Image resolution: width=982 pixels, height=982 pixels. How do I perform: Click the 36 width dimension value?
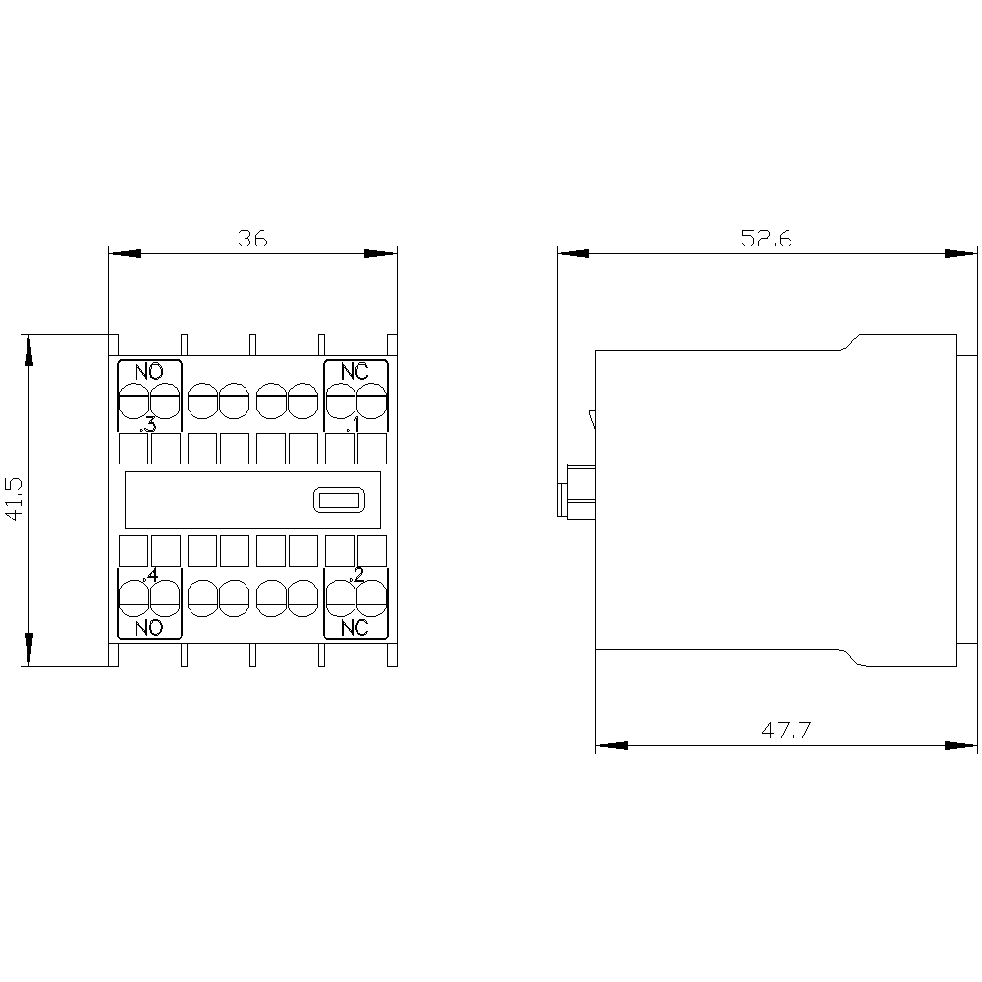pyautogui.click(x=252, y=238)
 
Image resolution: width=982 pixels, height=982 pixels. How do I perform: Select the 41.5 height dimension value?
pyautogui.click(x=14, y=499)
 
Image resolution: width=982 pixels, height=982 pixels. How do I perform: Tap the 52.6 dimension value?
pyautogui.click(x=766, y=238)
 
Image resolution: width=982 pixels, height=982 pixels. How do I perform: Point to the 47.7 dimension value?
pyautogui.click(x=786, y=730)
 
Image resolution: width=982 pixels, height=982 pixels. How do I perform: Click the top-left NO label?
pyautogui.click(x=149, y=372)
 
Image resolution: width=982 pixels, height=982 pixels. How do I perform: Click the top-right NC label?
pyautogui.click(x=355, y=372)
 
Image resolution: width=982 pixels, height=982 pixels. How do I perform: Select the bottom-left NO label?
pyautogui.click(x=149, y=627)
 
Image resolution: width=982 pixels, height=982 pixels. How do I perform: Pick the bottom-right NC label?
pyautogui.click(x=355, y=627)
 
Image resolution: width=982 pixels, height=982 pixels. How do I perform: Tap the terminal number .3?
pyautogui.click(x=148, y=425)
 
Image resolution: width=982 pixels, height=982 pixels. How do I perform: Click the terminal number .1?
pyautogui.click(x=354, y=425)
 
